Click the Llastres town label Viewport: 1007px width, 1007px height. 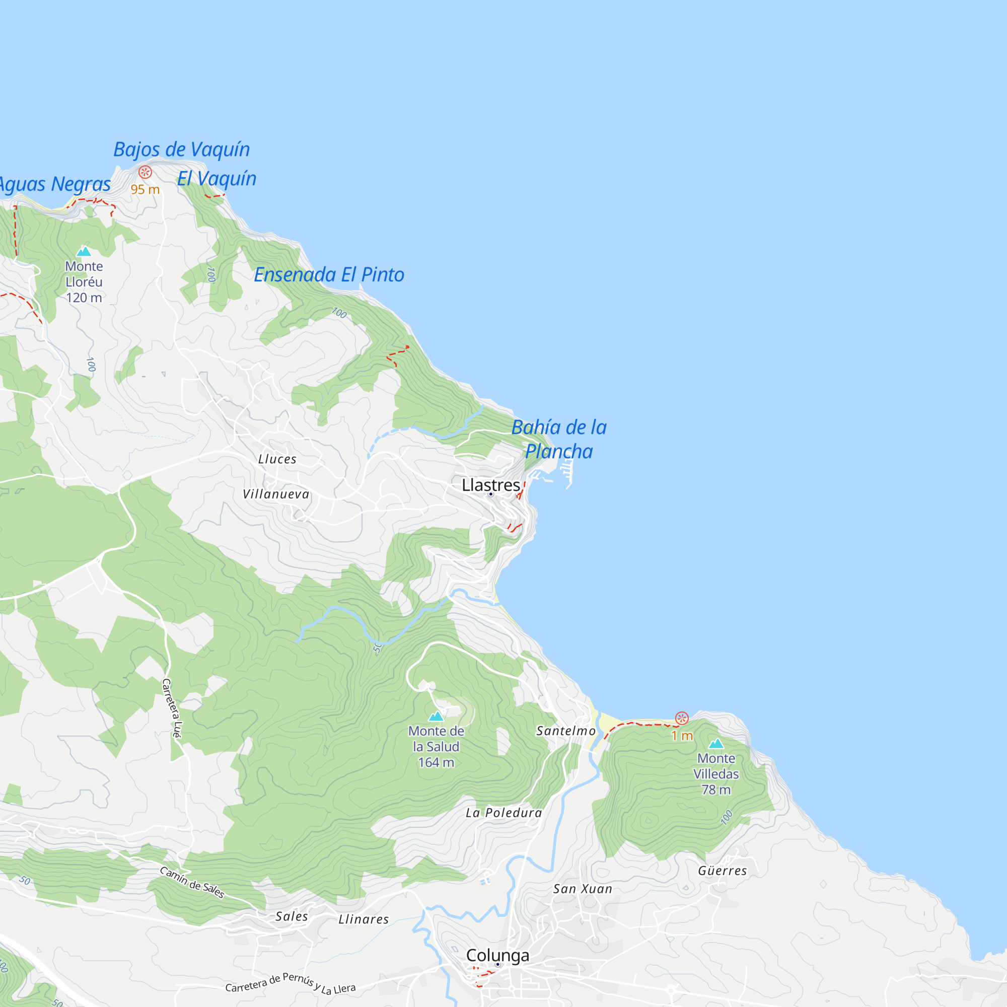point(490,485)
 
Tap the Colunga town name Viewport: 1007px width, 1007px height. point(497,956)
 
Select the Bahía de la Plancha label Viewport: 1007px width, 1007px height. point(559,439)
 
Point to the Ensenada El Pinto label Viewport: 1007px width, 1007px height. point(329,275)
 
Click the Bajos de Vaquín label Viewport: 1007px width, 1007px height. point(181,150)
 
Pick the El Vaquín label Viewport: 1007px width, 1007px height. point(217,179)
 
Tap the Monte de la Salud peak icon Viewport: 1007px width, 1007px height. point(436,716)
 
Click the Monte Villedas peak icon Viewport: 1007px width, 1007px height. point(715,743)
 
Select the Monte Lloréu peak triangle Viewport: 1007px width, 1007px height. point(84,252)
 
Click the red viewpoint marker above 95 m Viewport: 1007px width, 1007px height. point(145,172)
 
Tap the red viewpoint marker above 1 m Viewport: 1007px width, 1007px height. point(681,718)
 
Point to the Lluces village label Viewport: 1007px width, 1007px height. point(277,459)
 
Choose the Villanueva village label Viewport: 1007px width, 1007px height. point(276,494)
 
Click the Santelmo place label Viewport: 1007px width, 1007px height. point(565,731)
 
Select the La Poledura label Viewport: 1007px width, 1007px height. point(503,813)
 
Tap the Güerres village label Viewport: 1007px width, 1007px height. point(722,871)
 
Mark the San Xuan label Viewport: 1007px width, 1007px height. point(582,889)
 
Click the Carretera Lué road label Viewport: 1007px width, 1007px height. point(173,708)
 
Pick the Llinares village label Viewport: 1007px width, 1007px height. point(364,919)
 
